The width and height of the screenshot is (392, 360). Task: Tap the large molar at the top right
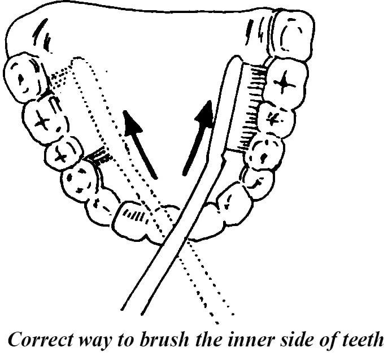[x=294, y=37]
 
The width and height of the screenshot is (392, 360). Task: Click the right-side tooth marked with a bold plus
[x=286, y=85]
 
